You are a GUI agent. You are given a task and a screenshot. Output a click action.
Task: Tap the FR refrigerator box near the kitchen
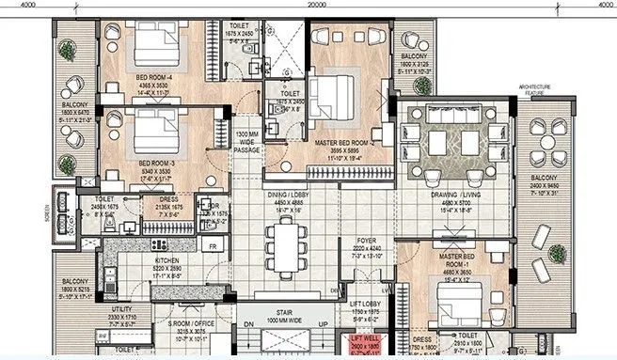click(214, 247)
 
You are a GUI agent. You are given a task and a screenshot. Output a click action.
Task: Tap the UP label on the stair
click(323, 323)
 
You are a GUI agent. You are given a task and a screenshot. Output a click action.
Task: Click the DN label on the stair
click(249, 323)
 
